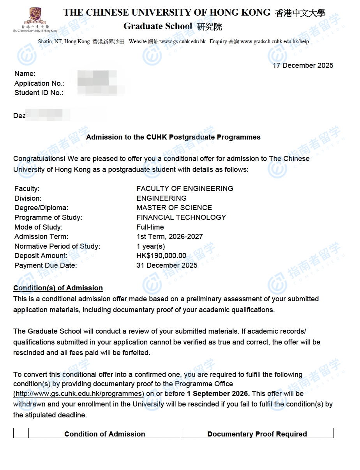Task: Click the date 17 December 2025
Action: click(x=303, y=65)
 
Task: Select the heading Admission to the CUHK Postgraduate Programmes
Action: click(x=173, y=137)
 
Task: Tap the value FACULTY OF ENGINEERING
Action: click(x=185, y=189)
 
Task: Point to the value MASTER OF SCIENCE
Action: click(x=174, y=208)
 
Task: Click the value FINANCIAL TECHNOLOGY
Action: click(x=181, y=217)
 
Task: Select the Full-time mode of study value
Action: click(x=150, y=227)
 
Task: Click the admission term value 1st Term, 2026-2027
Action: click(x=169, y=237)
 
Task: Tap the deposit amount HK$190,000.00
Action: click(x=161, y=256)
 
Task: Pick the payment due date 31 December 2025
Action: click(x=167, y=265)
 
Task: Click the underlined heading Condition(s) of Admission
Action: click(x=58, y=288)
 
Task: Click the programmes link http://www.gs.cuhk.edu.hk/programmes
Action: click(x=79, y=394)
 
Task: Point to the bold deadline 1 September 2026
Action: click(x=218, y=394)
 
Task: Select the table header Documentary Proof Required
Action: click(x=257, y=434)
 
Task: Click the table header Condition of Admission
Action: click(x=104, y=434)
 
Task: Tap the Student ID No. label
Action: click(x=39, y=93)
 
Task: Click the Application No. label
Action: click(x=39, y=83)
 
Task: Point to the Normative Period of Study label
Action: click(x=57, y=246)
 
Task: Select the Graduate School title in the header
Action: click(x=158, y=27)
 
